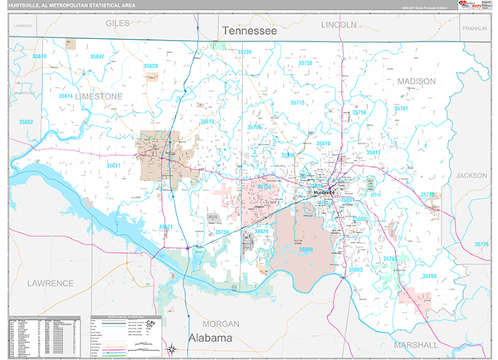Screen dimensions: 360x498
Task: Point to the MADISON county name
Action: coord(416,81)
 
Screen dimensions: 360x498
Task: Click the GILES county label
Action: coord(117,24)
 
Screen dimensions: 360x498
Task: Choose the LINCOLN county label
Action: coord(338,25)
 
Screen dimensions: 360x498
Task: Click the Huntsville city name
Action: coord(323,192)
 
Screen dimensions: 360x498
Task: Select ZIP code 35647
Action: coord(98,56)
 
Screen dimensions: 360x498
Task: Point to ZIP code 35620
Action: coord(150,66)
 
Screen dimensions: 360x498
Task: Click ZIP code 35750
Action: coord(305,63)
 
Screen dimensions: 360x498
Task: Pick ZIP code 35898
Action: coord(305,248)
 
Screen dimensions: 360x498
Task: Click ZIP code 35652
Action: coord(27,122)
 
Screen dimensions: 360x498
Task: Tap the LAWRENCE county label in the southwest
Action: coord(50,283)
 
